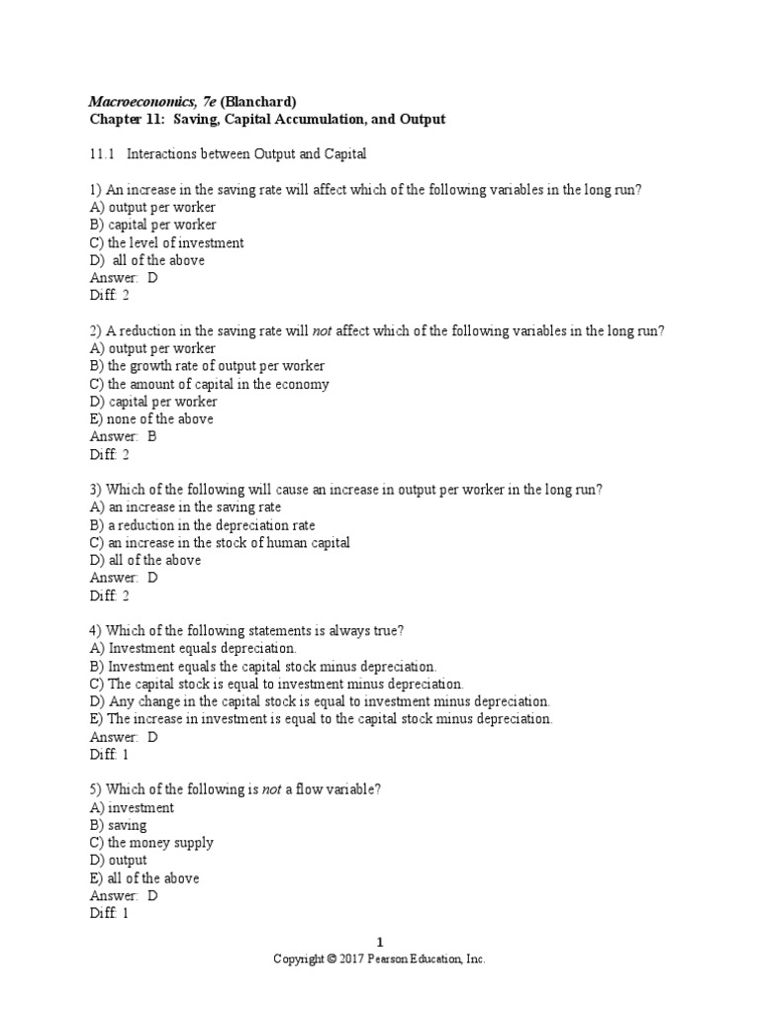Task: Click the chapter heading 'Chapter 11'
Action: click(x=127, y=120)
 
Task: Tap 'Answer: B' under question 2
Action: click(x=124, y=436)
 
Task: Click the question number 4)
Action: click(x=96, y=631)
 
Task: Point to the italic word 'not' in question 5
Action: click(x=272, y=789)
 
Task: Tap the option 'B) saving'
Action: click(x=118, y=825)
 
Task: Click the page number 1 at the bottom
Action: click(x=380, y=943)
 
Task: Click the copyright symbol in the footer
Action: click(x=332, y=960)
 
